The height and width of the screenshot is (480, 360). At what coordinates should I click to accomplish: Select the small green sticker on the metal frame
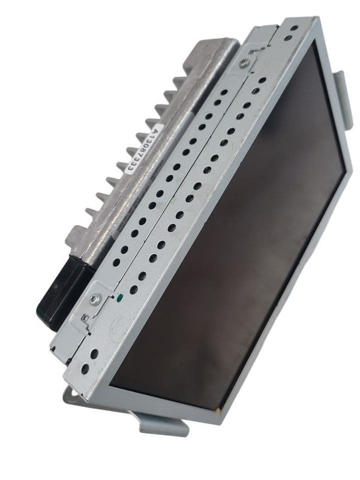(120, 296)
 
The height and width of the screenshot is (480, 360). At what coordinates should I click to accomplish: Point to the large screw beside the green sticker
(95, 299)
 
